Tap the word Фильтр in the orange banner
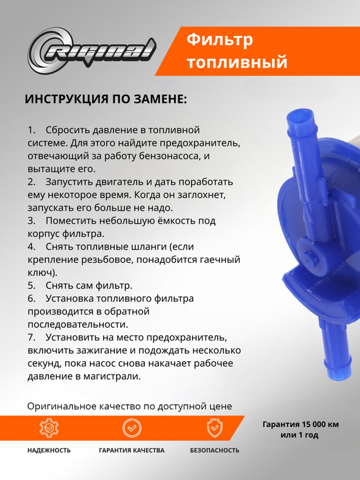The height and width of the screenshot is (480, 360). click(x=220, y=40)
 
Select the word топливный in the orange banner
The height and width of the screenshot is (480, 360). click(x=237, y=63)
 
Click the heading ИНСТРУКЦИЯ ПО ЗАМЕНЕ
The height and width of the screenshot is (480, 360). click(x=105, y=100)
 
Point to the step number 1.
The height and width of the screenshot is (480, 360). click(x=32, y=129)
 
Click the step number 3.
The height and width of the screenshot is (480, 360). click(x=32, y=221)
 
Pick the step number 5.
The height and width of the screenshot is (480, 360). click(x=32, y=285)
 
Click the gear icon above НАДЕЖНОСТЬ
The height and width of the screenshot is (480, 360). click(x=49, y=428)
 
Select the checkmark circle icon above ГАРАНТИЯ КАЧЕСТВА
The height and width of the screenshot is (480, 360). click(x=131, y=428)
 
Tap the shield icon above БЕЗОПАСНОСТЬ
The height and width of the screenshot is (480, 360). click(x=215, y=428)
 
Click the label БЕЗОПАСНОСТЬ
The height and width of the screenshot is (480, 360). click(x=215, y=450)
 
